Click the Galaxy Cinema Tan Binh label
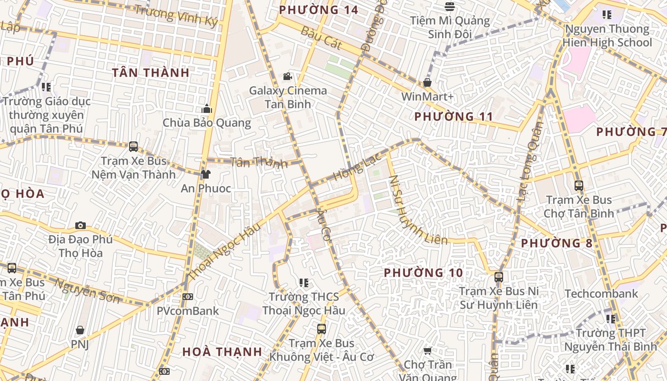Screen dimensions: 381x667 (288, 97)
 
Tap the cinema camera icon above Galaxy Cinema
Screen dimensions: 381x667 (287, 76)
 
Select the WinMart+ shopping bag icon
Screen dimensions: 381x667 (427, 82)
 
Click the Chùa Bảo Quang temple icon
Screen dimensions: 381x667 (207, 109)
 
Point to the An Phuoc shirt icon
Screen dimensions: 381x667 (206, 174)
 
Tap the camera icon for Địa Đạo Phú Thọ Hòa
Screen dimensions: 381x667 (81, 225)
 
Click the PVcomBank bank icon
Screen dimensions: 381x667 (188, 297)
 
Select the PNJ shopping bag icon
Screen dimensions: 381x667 (80, 330)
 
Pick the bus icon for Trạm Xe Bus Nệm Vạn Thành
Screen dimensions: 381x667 (133, 147)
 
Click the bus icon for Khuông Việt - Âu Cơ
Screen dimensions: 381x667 (322, 329)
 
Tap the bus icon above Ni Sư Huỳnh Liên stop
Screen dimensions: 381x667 (498, 277)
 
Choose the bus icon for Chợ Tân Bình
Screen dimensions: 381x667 (579, 185)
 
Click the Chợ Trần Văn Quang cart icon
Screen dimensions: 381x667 (427, 351)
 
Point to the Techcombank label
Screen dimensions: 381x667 (601, 293)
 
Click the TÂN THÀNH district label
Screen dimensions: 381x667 (151, 73)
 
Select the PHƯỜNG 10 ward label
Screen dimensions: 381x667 (423, 272)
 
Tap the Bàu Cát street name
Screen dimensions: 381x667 (322, 38)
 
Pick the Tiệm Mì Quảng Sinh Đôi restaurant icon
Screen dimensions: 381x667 (450, 7)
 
